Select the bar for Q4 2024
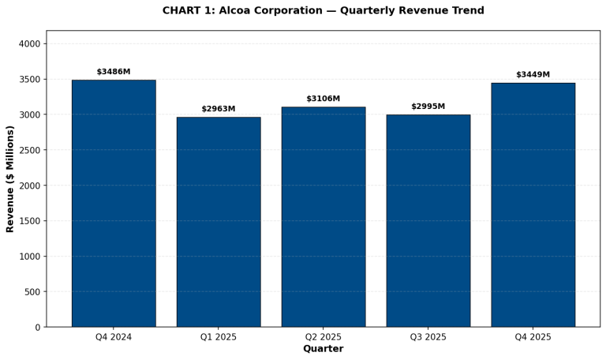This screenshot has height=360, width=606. pos(114,203)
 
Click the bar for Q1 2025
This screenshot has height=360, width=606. pos(219,222)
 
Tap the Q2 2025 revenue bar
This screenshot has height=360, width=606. pos(324,216)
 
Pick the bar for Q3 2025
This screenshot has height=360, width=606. pos(428,220)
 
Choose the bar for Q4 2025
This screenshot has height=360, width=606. pos(533,204)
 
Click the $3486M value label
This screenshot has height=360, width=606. pos(114,72)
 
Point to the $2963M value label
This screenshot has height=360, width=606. pos(219,109)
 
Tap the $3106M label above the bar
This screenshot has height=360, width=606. pos(324,99)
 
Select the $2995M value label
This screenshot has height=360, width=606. pos(428,107)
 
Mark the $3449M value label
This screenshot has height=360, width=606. pos(533,75)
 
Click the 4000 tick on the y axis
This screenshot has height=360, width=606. pos(29,44)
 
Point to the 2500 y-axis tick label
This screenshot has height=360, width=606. pos(29,150)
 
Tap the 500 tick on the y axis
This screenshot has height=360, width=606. pos(32,292)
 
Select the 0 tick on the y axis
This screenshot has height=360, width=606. pos(37,328)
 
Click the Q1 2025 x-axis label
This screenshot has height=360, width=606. pos(219,337)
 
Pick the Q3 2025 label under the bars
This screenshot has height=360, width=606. pos(428,337)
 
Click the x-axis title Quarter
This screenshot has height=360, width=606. pos(324,349)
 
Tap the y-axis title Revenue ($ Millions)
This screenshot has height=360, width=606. pos(10,178)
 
